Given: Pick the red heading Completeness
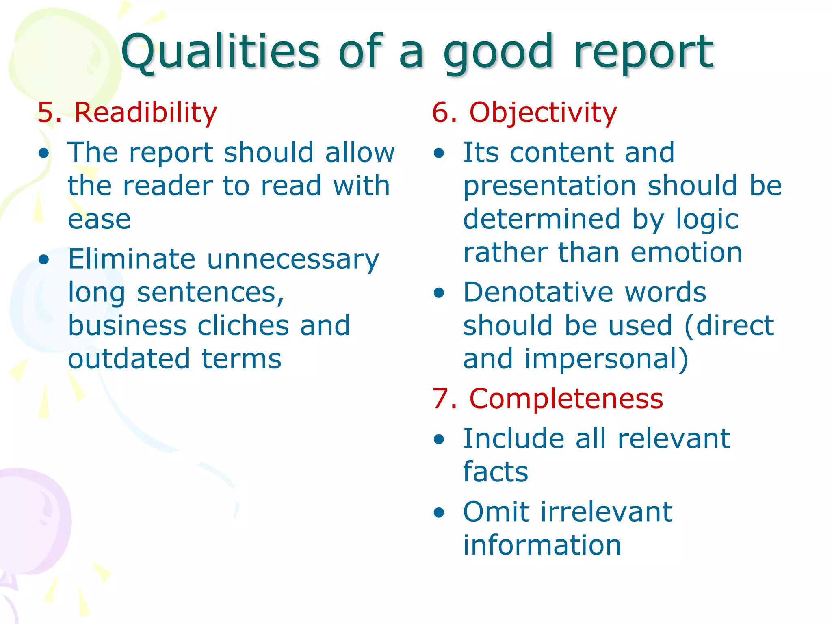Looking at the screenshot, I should pos(566,399).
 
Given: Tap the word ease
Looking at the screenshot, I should pos(99,219).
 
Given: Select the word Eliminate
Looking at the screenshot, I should pos(132,259).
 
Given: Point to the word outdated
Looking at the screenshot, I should pos(129,359).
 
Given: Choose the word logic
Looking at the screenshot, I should pos(707,219).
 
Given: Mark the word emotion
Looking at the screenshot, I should pos(687,252).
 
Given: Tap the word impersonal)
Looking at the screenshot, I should pos(606,359).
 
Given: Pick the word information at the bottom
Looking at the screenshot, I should pos(542,545).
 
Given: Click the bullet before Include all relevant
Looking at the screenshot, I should pos(439,440).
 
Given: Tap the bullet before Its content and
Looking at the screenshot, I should pos(439,153).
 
